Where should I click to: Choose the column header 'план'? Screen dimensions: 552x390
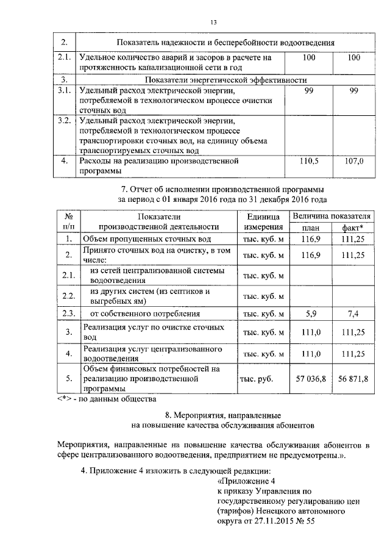pos(311,228)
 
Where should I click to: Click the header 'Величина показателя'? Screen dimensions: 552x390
pos(331,217)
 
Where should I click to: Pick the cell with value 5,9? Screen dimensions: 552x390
pos(311,314)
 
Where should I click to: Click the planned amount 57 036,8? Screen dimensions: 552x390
pos(311,379)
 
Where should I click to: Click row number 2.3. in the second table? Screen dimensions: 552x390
pos(69,314)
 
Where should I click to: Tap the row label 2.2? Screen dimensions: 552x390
pos(69,296)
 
